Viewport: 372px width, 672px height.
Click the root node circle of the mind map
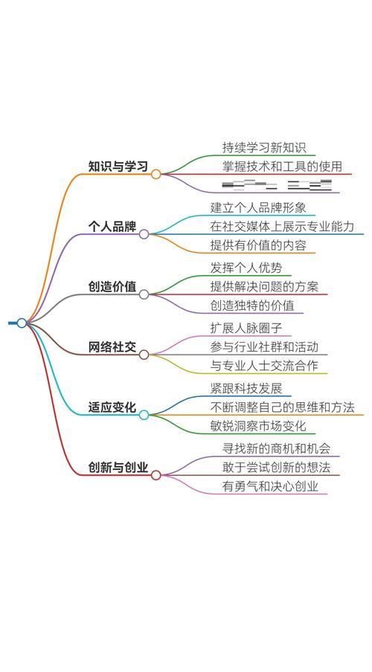point(22,323)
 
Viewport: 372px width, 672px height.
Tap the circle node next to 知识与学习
point(156,174)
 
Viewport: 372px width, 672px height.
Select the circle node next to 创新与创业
point(156,475)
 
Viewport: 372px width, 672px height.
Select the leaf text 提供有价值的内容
point(257,245)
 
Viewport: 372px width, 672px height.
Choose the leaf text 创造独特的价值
point(251,306)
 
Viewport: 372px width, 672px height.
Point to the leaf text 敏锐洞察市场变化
point(257,427)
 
